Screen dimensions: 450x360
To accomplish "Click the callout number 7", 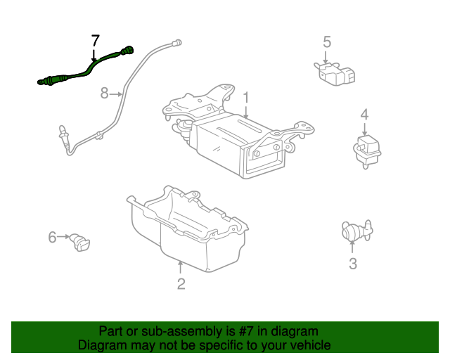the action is click(96, 41).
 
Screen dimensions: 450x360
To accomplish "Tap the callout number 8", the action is click(105, 94).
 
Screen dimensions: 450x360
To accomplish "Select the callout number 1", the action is click(246, 98).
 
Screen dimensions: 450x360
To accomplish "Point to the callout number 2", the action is click(181, 284).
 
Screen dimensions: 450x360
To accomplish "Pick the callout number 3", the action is click(353, 264).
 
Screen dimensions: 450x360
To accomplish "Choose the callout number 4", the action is click(364, 115).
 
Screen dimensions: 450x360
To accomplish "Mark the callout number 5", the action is click(327, 42).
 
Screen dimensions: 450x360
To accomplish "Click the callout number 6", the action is click(52, 238).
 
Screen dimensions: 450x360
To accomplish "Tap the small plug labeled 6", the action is click(79, 243).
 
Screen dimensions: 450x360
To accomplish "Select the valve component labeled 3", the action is click(357, 230).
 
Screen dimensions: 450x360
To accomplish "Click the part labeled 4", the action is click(367, 151).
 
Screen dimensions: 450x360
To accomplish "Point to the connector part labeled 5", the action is click(335, 74).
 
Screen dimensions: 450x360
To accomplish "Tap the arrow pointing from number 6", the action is click(63, 237).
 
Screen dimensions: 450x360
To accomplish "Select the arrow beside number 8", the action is click(116, 94).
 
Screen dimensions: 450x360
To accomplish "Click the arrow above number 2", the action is click(180, 267).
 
